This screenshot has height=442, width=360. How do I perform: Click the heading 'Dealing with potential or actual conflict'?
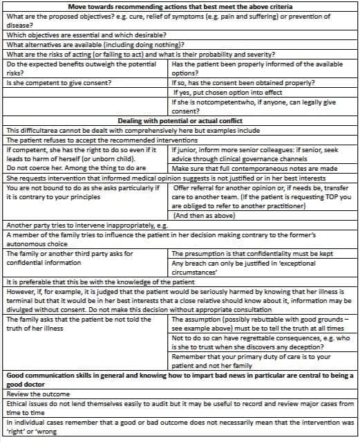click(x=180, y=120)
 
